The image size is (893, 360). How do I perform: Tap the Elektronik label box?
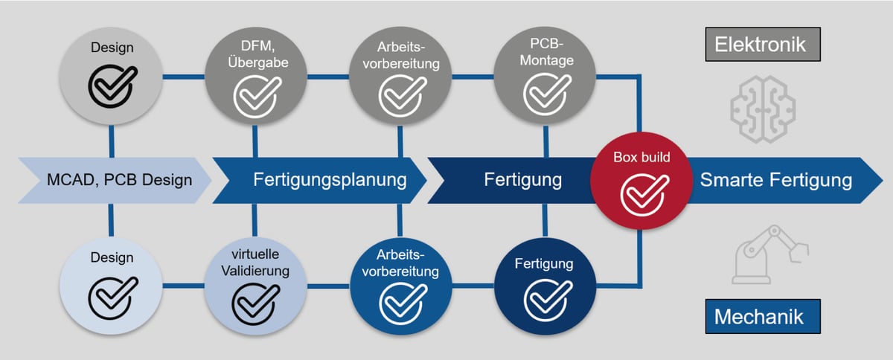(x=760, y=44)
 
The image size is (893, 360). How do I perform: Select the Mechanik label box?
(x=759, y=317)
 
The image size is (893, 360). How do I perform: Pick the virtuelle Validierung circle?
(x=255, y=284)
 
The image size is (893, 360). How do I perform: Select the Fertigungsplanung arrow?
(x=320, y=179)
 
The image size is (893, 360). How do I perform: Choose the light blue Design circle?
(x=111, y=284)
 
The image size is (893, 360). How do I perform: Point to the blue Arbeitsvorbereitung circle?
(x=401, y=284)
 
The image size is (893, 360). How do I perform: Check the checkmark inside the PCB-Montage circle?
(x=547, y=94)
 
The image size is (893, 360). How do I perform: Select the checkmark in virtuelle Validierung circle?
(x=256, y=301)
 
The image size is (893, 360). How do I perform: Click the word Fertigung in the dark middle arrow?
(x=523, y=179)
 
